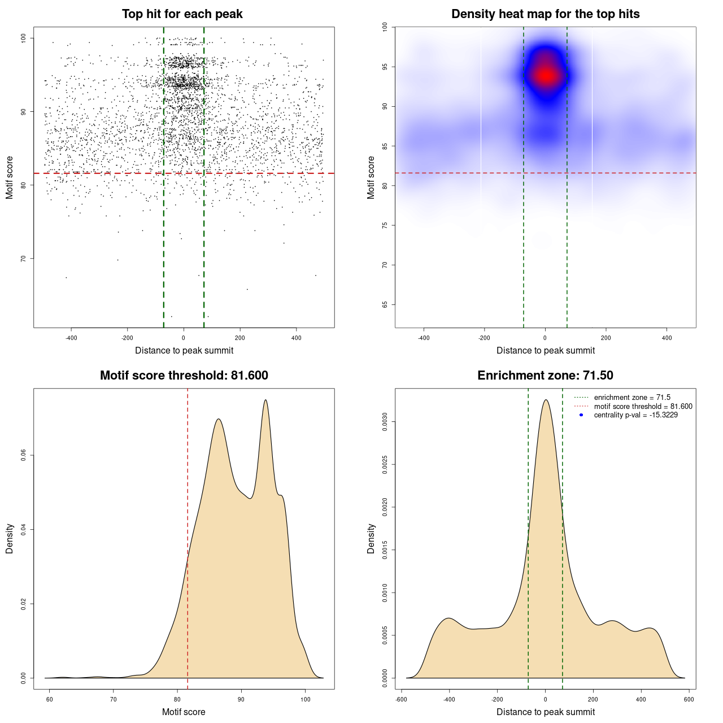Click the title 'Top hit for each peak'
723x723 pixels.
182,14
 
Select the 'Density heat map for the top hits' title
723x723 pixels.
545,14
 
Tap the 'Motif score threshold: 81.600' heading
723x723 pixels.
184,376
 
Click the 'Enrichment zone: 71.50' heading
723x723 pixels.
545,376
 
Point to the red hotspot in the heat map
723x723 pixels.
546,75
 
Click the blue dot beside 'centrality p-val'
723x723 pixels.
581,415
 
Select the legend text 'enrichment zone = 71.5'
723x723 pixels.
632,398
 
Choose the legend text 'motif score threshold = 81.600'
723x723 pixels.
643,407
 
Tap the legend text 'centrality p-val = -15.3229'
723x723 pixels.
635,415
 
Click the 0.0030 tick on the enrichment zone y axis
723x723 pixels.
385,422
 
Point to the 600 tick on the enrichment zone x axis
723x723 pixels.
689,699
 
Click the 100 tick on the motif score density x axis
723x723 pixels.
306,699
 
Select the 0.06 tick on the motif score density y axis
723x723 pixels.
24,455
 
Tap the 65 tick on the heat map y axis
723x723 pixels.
385,304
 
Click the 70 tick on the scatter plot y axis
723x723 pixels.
24,259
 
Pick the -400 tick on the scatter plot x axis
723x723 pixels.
71,338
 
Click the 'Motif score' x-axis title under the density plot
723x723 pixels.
184,712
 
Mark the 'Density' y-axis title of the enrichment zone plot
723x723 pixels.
371,538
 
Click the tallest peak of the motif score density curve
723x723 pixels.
265,400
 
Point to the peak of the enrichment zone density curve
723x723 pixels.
546,400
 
